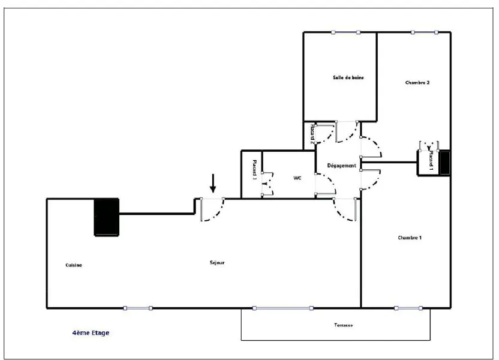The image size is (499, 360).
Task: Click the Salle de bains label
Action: tap(348, 77)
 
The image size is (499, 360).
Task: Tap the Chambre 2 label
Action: tap(417, 82)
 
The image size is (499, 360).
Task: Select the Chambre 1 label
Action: tap(410, 238)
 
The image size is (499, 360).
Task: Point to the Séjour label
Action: tap(217, 263)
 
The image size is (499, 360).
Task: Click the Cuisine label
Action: tap(74, 265)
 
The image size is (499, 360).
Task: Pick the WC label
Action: tap(297, 178)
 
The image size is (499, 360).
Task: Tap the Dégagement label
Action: tap(341, 166)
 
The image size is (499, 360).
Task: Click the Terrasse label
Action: tap(344, 325)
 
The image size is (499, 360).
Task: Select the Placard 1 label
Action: tap(431, 161)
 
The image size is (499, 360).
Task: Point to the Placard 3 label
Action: tap(254, 170)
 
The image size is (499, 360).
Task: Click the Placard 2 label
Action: tap(312, 133)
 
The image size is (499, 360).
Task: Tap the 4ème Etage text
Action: tap(91, 333)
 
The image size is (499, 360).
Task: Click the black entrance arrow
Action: tap(213, 184)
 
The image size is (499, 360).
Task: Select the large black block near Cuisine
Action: tap(107, 217)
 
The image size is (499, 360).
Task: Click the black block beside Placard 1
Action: tap(444, 163)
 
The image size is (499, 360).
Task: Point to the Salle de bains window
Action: tap(345, 32)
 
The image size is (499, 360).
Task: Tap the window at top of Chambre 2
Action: tap(425, 32)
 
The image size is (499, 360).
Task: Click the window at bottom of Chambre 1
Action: tap(408, 308)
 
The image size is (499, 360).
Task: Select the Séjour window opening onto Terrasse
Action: tap(282, 308)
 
